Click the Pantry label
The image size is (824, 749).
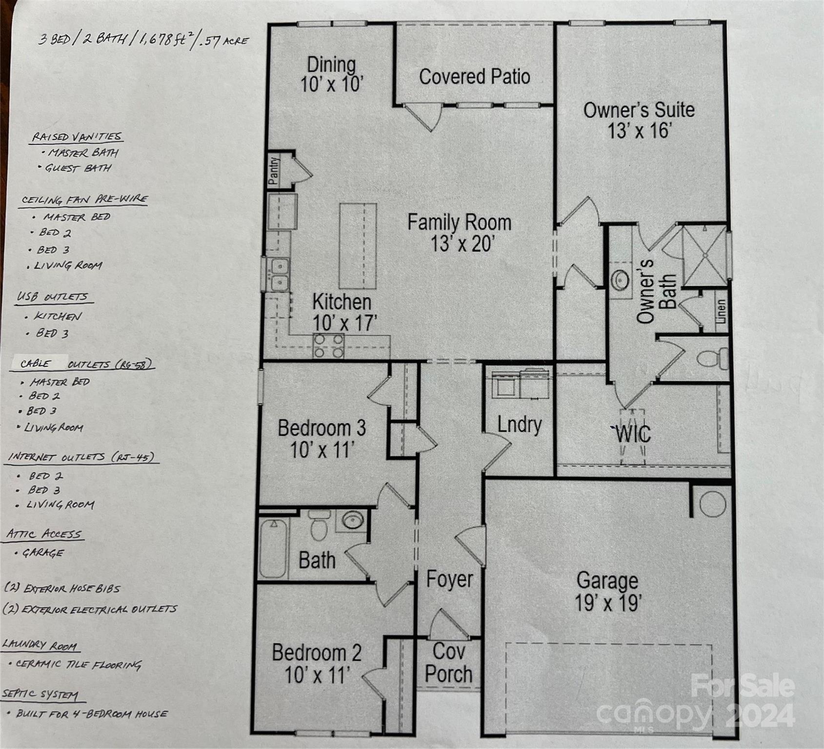[274, 170]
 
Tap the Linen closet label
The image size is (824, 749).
[721, 311]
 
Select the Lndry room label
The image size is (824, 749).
[520, 425]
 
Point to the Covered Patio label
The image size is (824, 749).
[474, 77]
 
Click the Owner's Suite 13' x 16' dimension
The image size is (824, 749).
[639, 131]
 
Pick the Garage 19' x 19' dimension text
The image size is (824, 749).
[607, 603]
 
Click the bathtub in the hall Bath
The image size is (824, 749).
[273, 549]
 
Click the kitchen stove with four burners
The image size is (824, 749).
[328, 346]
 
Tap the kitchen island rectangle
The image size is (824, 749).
[358, 246]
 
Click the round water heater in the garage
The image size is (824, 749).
[712, 504]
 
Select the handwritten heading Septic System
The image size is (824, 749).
[40, 694]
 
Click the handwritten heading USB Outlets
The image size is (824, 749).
[53, 297]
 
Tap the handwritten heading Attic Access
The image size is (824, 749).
[44, 534]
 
